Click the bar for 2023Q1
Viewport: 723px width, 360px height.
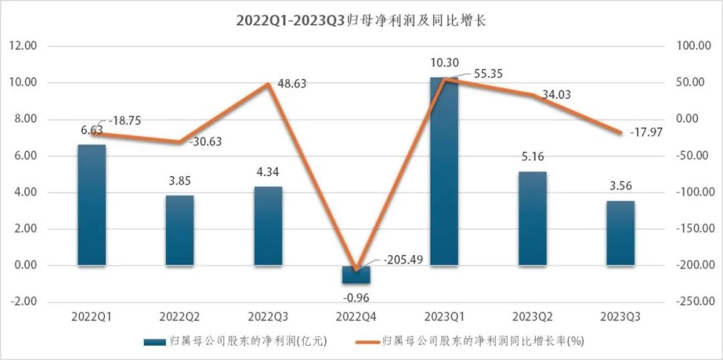pyautogui.click(x=444, y=171)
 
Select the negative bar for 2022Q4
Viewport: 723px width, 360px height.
pyautogui.click(x=356, y=274)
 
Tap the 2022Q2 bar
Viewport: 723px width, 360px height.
pyautogui.click(x=179, y=230)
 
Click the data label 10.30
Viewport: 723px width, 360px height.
pyautogui.click(x=445, y=63)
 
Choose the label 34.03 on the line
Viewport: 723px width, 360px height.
pyautogui.click(x=556, y=95)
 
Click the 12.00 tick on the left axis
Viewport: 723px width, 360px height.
pyautogui.click(x=22, y=46)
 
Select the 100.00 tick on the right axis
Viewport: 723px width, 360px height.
pyautogui.click(x=694, y=46)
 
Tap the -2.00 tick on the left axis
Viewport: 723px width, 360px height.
pyautogui.click(x=23, y=302)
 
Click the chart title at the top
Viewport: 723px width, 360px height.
pyautogui.click(x=361, y=20)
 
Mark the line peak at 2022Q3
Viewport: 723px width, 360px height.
pyautogui.click(x=268, y=84)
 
